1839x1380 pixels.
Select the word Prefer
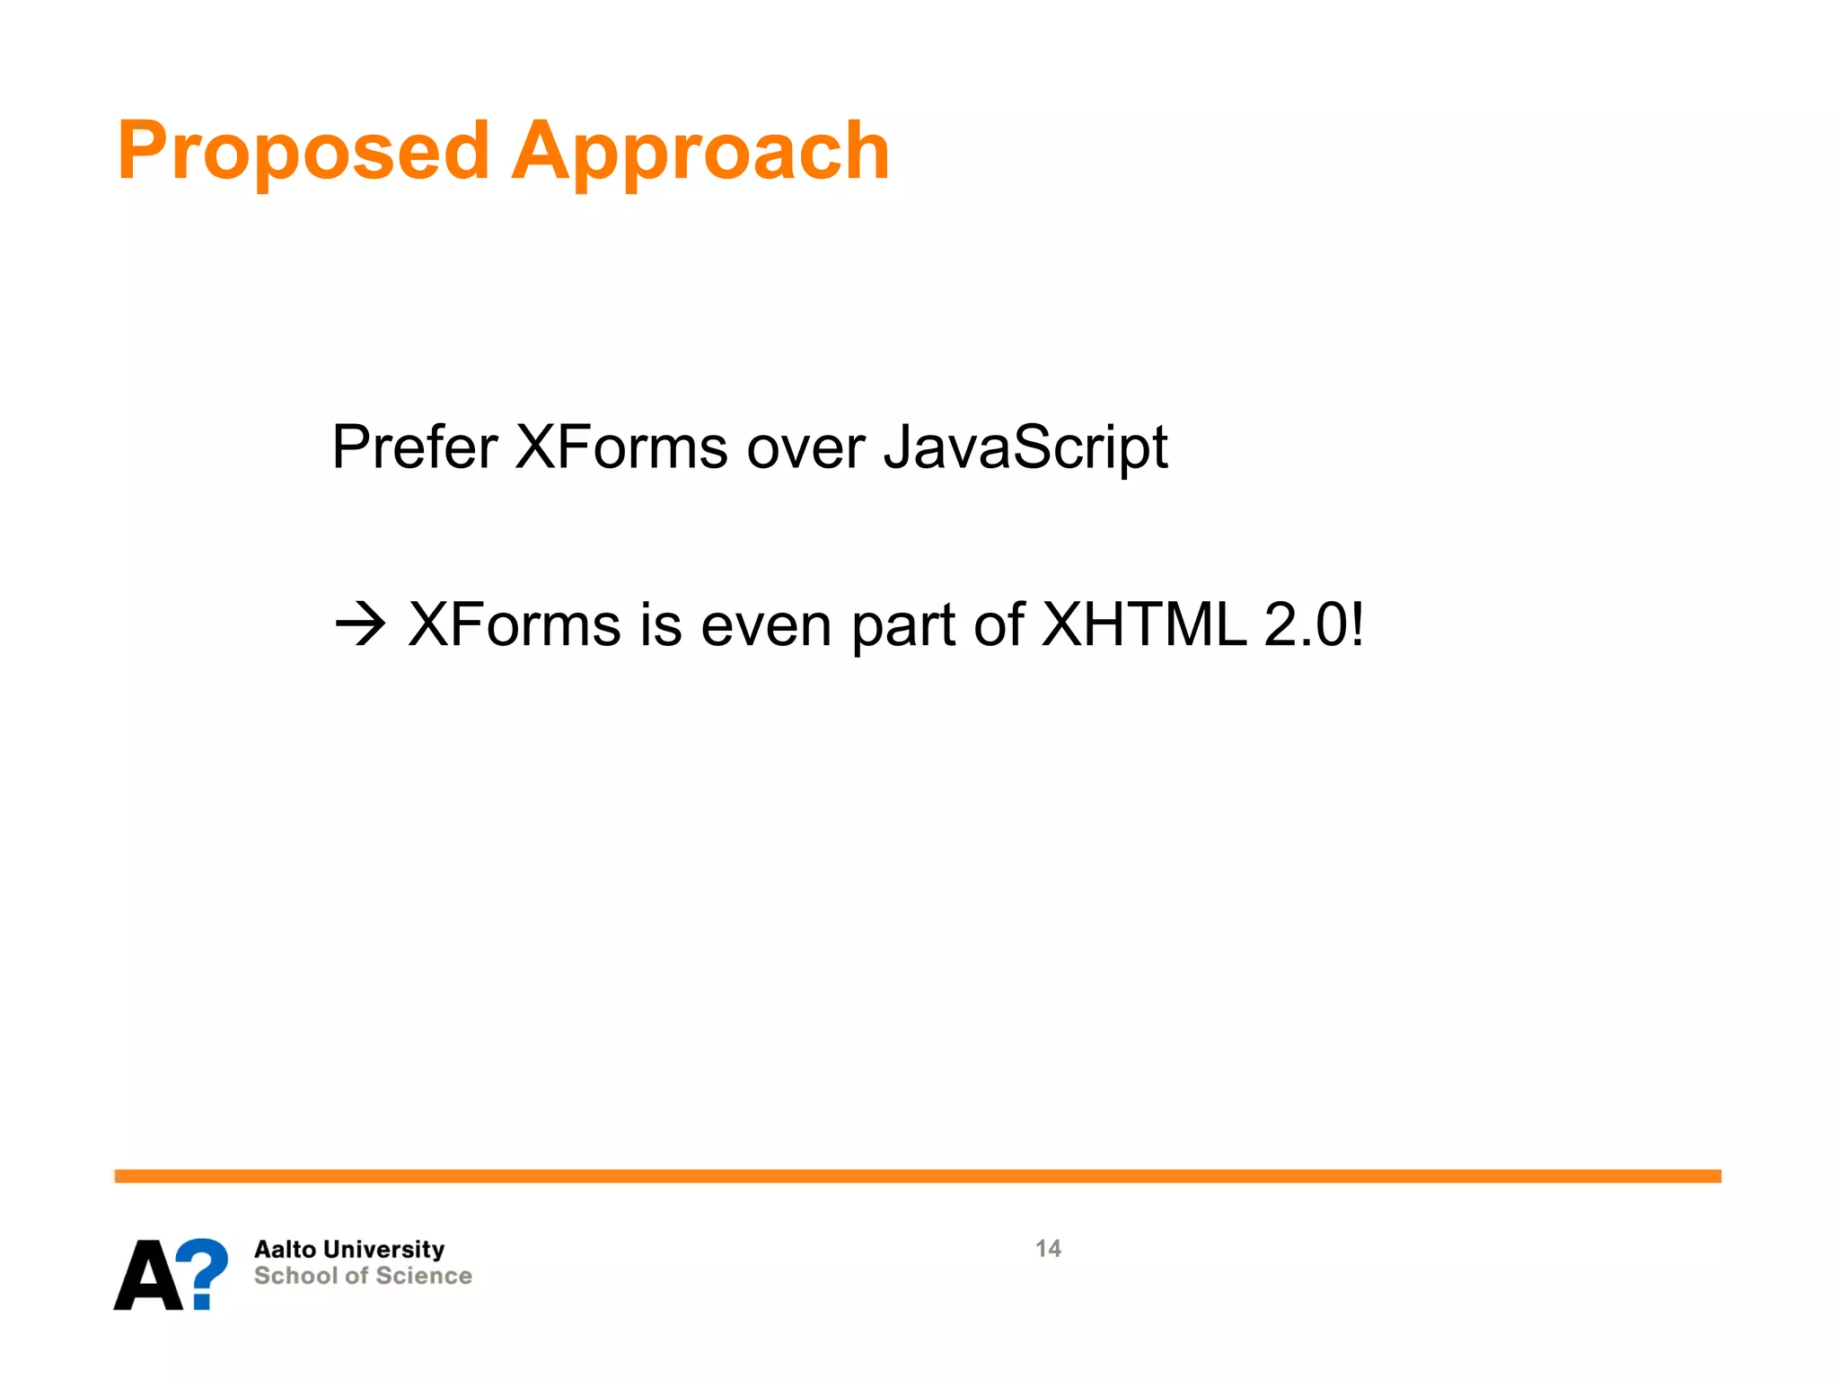click(414, 447)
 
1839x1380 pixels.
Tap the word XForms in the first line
click(620, 447)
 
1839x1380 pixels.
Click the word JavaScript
click(1025, 447)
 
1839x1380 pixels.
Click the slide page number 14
click(1047, 1248)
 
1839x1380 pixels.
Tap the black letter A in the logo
click(148, 1275)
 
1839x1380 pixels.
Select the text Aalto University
click(349, 1249)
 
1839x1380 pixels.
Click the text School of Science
click(363, 1276)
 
